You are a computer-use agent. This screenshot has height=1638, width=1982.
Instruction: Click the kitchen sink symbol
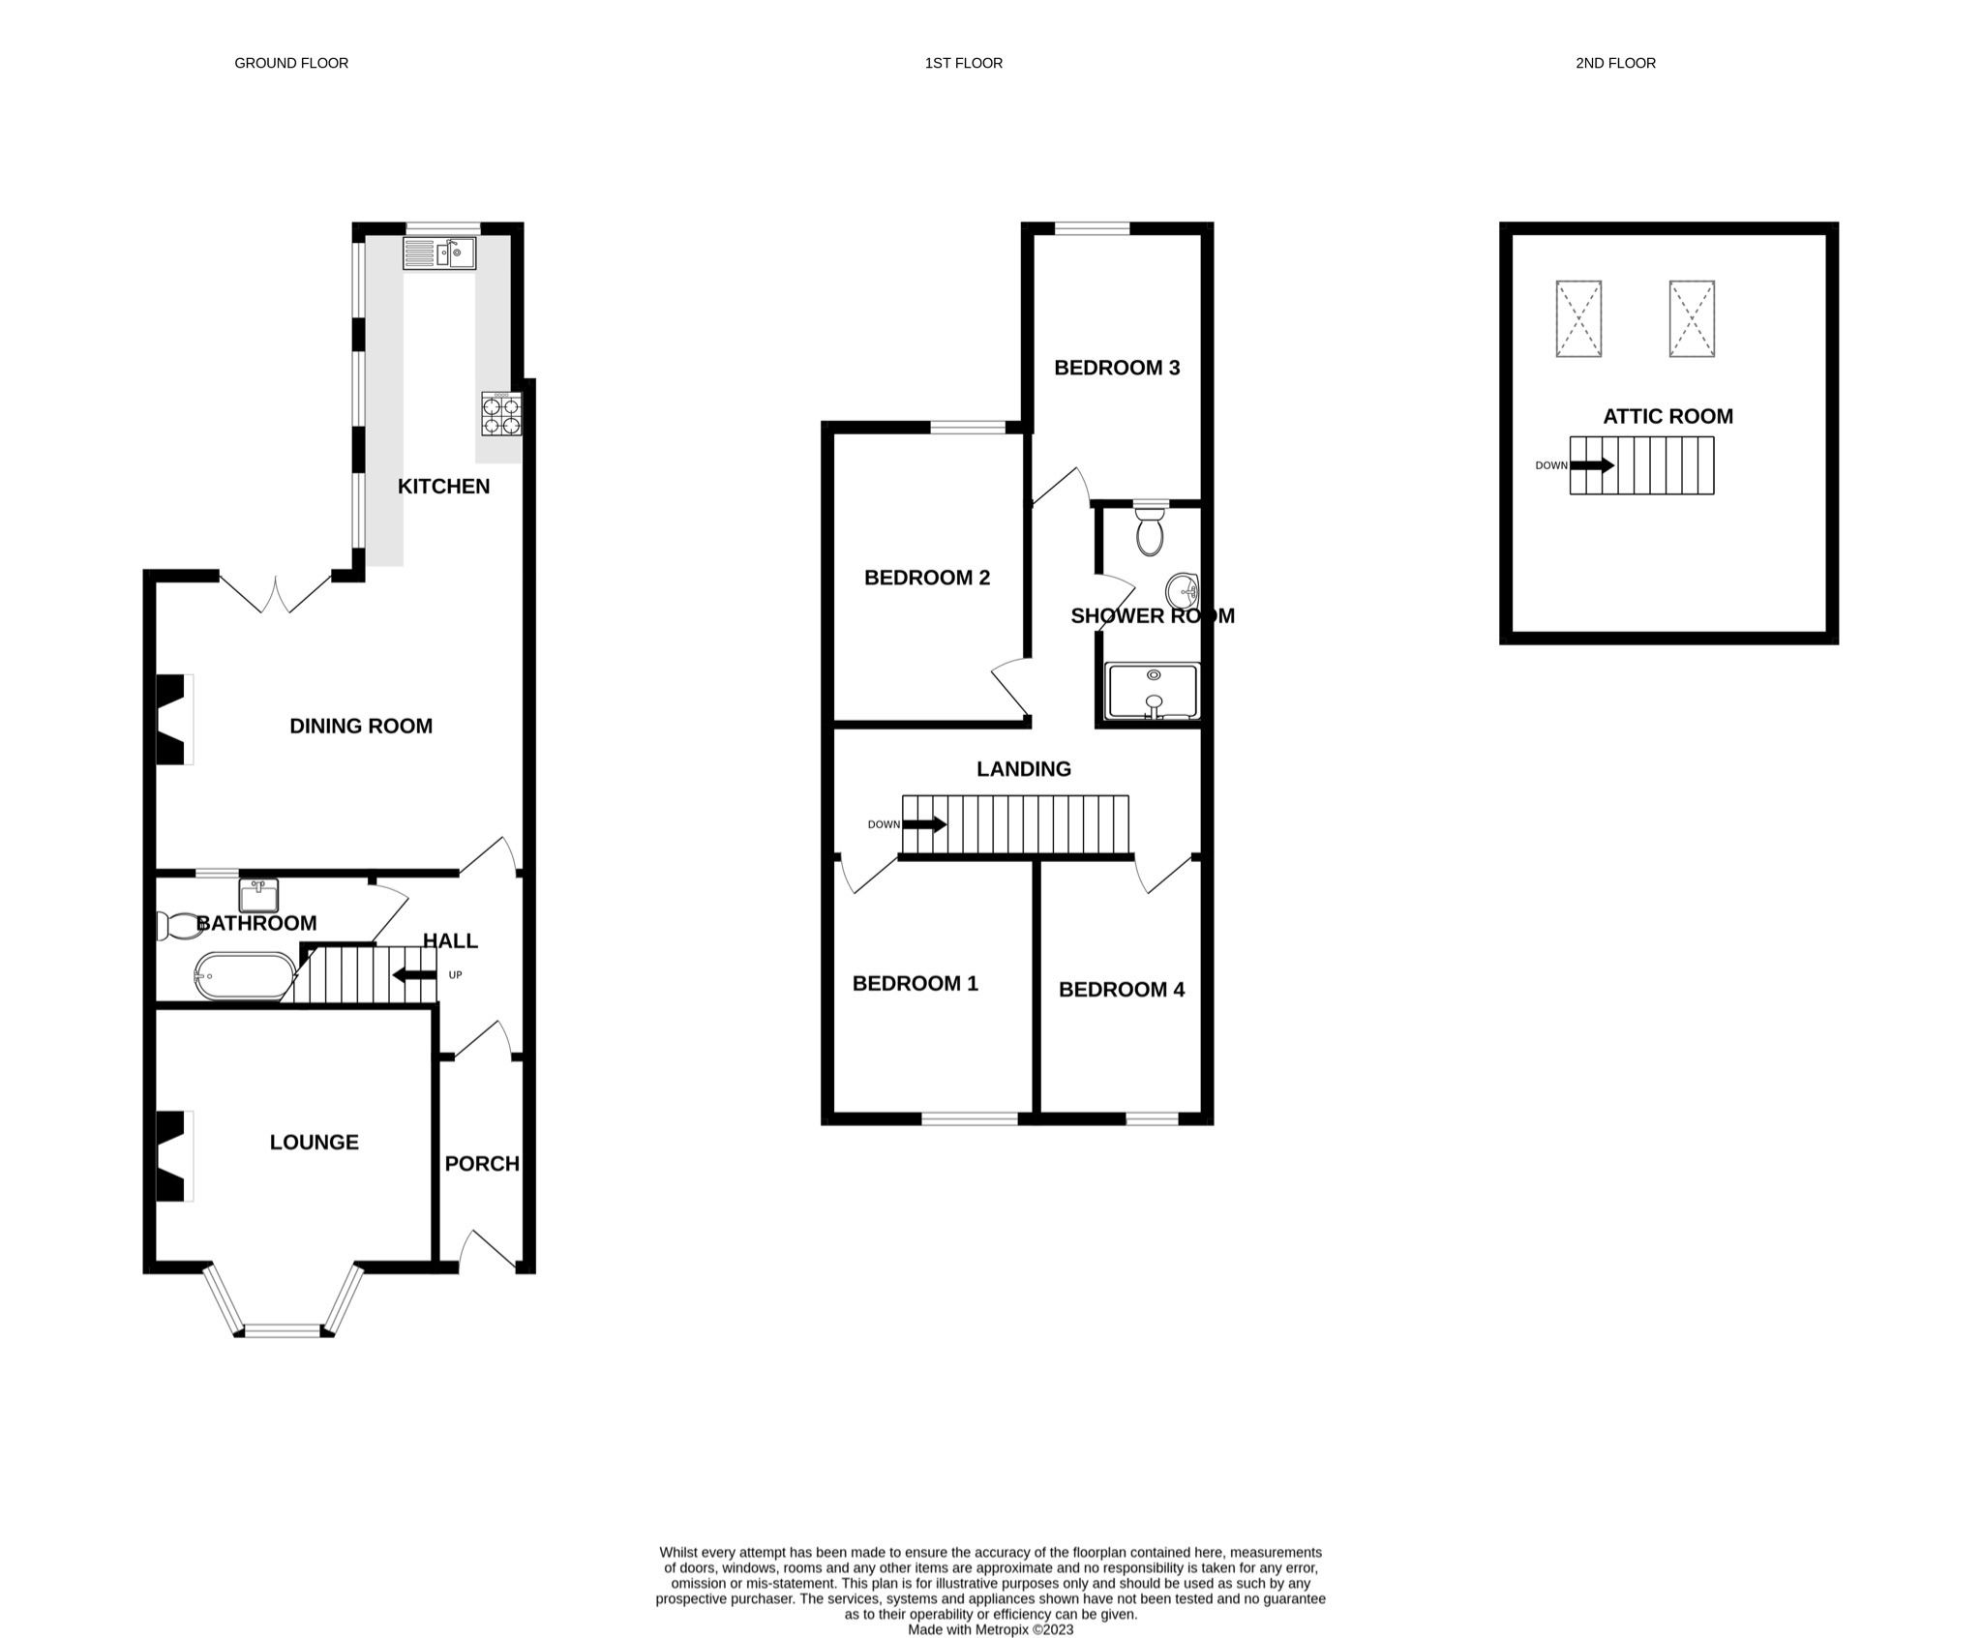439,253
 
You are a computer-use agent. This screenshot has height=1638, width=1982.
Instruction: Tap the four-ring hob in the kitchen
501,414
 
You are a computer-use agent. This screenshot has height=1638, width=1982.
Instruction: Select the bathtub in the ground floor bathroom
245,975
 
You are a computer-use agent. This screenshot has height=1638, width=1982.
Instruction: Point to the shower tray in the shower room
1152,691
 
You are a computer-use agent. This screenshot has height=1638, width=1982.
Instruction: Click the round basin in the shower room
1183,588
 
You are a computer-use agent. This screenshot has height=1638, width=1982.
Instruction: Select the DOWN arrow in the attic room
1591,465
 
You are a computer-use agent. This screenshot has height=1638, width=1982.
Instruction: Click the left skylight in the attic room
1578,318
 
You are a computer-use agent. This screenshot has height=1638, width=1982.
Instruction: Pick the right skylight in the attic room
1691,318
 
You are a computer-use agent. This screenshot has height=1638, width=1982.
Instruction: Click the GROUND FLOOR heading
291,63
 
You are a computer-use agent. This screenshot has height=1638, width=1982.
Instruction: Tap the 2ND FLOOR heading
1614,63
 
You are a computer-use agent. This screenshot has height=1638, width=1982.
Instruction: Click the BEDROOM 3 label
1116,368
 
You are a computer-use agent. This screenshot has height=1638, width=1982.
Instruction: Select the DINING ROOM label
361,726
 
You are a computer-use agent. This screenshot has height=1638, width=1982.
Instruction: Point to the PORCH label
481,1164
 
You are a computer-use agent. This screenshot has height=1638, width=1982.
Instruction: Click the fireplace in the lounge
172,1156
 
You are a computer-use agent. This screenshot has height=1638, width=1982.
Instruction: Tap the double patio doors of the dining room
276,592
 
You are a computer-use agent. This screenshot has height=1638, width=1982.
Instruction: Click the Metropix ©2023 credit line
990,1629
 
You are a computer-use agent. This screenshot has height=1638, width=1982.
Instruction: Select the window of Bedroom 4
1152,1118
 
